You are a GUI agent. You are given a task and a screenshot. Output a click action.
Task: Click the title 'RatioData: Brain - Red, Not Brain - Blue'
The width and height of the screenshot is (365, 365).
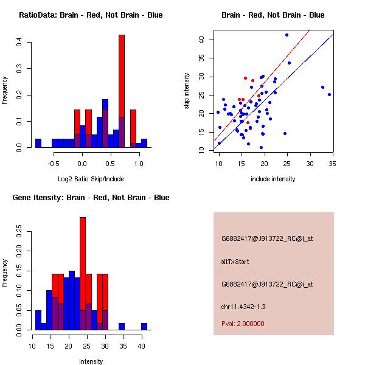[x=91, y=15]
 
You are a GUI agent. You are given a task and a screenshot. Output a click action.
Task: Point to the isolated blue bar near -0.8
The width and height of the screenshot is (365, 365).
[x=38, y=144]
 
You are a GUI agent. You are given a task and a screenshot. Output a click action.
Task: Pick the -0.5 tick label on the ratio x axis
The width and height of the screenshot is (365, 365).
[x=54, y=164]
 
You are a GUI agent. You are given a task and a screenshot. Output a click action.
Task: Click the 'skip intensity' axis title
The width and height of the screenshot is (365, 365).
[x=187, y=91]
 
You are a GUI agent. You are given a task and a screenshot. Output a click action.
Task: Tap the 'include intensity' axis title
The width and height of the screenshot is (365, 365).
[x=273, y=179]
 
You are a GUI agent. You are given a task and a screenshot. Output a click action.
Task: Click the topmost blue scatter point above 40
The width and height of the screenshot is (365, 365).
[x=287, y=35]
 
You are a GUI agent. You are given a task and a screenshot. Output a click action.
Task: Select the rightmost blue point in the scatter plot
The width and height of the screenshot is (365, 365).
[x=329, y=94]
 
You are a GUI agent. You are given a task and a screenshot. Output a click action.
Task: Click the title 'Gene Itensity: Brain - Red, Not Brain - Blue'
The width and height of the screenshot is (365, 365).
[x=91, y=198]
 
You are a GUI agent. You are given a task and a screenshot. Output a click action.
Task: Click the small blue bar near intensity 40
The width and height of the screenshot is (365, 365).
[x=144, y=327]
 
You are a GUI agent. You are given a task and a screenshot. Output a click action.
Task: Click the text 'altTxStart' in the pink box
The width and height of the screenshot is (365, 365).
[x=234, y=262]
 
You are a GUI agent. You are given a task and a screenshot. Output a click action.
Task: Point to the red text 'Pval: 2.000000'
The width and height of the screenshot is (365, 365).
[x=243, y=324]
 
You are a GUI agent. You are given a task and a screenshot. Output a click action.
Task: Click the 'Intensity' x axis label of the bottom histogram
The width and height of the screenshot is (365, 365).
[x=91, y=361]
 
